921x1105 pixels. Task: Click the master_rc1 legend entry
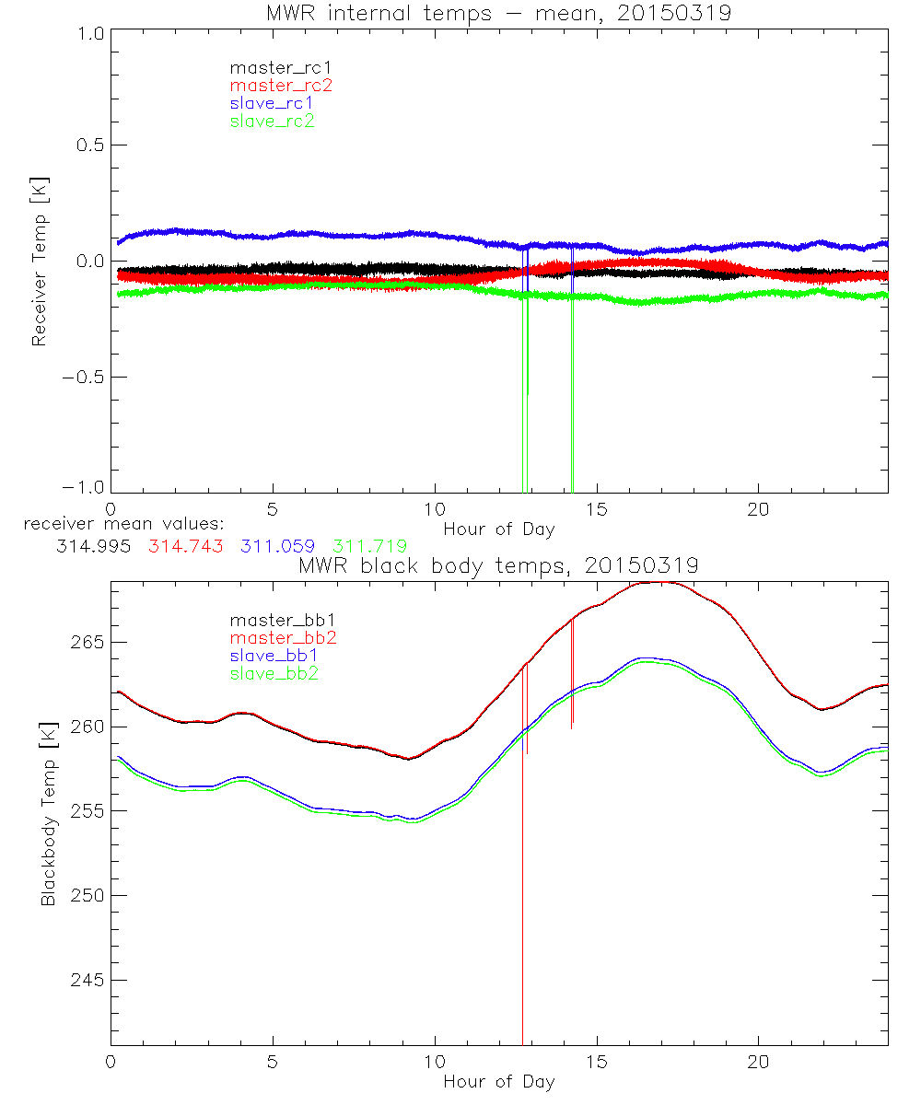point(272,67)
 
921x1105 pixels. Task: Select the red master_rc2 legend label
point(281,85)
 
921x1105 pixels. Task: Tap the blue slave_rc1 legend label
point(272,102)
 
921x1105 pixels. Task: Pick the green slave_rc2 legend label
point(272,120)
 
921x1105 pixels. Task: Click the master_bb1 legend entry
point(276,620)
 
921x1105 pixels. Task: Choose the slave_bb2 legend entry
point(276,674)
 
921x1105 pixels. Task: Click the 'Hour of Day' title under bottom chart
point(499,1081)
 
